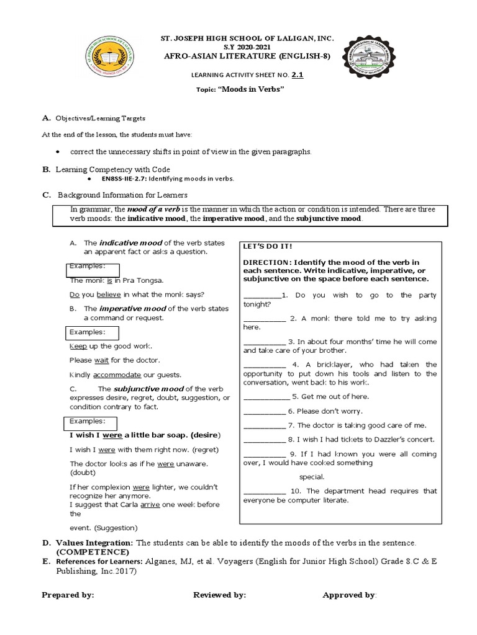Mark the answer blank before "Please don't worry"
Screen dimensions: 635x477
tap(264, 411)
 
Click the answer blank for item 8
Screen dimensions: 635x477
tap(264, 440)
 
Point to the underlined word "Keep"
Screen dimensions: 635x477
tap(78, 346)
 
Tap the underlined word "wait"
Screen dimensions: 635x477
tap(101, 360)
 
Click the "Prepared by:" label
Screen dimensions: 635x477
tap(68, 595)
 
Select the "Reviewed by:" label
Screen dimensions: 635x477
tap(220, 595)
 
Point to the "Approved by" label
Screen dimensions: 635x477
tap(348, 595)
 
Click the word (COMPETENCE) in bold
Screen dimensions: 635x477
tap(92, 552)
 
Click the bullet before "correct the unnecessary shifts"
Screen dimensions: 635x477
tap(57, 151)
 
